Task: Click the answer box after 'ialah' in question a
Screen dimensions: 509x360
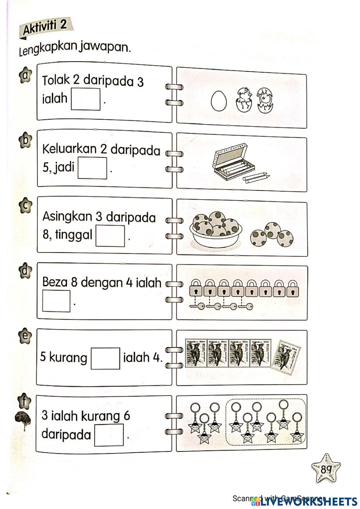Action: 85,99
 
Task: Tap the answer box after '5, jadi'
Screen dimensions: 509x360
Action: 93,168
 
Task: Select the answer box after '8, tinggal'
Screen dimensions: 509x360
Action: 110,236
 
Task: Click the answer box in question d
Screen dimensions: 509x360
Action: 56,301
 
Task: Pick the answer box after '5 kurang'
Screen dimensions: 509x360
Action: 105,358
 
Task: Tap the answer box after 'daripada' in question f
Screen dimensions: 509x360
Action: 109,435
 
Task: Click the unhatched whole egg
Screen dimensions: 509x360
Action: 219,101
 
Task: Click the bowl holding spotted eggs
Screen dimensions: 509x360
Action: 216,231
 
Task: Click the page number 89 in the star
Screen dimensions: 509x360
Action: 326,470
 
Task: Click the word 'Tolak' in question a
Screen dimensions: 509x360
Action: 56,80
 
